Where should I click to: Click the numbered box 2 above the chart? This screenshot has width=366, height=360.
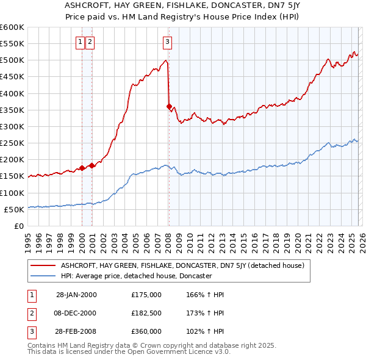click(90, 42)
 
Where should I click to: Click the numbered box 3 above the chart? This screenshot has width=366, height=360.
click(167, 42)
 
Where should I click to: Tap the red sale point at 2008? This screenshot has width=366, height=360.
click(169, 107)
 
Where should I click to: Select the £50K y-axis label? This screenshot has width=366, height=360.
click(14, 209)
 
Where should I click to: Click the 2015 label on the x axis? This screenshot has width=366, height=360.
click(243, 237)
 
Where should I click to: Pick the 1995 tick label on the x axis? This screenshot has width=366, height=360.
click(27, 237)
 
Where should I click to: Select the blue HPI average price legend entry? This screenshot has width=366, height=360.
click(135, 276)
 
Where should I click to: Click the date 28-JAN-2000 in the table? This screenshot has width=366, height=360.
click(76, 295)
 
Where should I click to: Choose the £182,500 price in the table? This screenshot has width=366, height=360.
click(146, 313)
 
